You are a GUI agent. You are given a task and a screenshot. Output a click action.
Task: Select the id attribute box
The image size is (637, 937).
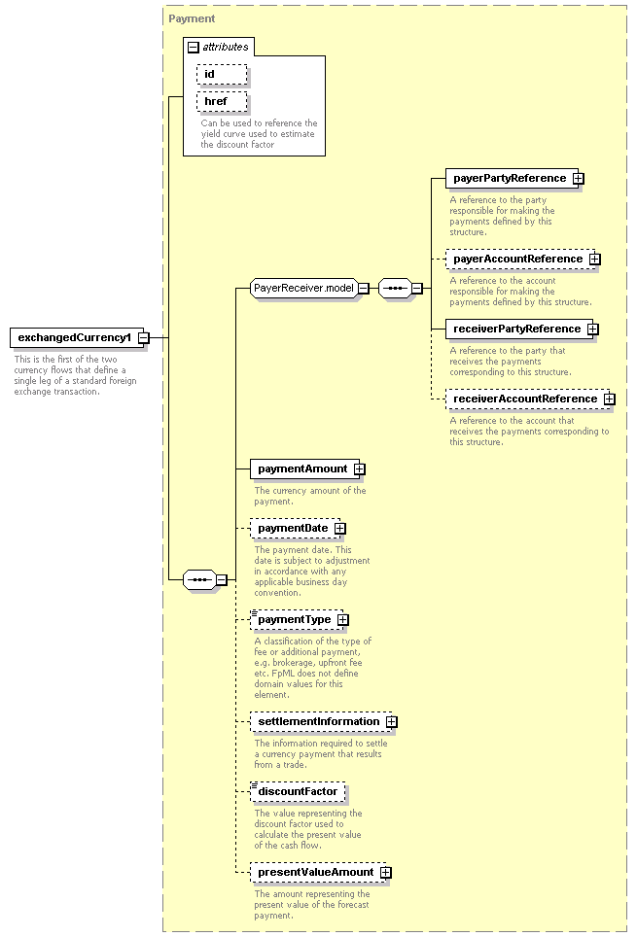pyautogui.click(x=222, y=74)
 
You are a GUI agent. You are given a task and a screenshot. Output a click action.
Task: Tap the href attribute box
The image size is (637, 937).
pyautogui.click(x=222, y=101)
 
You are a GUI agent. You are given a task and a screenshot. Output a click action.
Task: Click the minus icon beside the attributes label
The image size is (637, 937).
pyautogui.click(x=194, y=48)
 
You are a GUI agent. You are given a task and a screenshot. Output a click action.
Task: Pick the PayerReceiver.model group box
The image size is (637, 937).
pyautogui.click(x=303, y=288)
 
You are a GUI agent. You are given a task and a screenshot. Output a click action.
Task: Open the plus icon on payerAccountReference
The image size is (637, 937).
pyautogui.click(x=594, y=260)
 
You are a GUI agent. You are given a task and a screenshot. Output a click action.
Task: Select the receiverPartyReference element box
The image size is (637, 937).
pyautogui.click(x=518, y=329)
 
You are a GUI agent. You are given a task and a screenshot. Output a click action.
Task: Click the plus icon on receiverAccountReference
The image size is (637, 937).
pyautogui.click(x=609, y=399)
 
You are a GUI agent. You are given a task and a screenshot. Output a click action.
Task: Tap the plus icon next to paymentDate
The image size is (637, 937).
pyautogui.click(x=339, y=529)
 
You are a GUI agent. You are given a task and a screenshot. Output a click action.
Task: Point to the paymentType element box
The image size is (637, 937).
pyautogui.click(x=296, y=620)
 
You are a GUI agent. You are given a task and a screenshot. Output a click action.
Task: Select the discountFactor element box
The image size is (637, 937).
pyautogui.click(x=298, y=792)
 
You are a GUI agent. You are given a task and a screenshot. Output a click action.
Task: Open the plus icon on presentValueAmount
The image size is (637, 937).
pyautogui.click(x=386, y=873)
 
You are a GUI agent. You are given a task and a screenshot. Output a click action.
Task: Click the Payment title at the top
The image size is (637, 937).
pyautogui.click(x=192, y=18)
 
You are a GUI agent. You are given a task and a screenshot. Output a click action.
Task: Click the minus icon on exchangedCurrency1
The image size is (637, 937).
pyautogui.click(x=144, y=338)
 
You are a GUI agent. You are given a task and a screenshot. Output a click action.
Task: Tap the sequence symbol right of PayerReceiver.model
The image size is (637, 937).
pyautogui.click(x=396, y=289)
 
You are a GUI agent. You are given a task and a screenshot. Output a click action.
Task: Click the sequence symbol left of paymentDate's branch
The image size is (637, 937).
pyautogui.click(x=199, y=579)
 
